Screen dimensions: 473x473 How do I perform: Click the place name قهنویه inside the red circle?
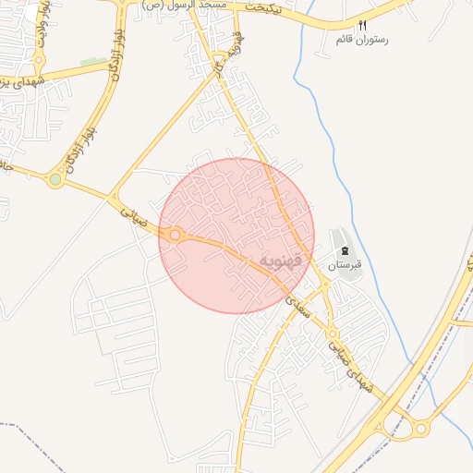(x=281, y=261)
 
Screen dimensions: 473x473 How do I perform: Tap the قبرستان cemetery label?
(x=343, y=265)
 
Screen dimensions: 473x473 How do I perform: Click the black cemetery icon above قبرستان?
(x=344, y=251)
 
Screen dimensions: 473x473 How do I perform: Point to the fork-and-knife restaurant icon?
(x=362, y=26)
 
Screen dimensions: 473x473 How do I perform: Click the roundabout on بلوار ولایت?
(x=39, y=62)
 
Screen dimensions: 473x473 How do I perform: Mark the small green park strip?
(x=92, y=63)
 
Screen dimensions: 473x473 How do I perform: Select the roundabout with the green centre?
(x=55, y=180)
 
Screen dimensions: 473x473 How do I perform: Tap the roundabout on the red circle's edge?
(x=175, y=236)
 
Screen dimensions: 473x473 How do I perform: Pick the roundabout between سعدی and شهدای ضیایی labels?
(x=332, y=334)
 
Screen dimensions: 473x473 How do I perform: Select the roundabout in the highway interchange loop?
(x=421, y=428)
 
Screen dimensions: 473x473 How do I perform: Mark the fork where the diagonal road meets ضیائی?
(x=113, y=198)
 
